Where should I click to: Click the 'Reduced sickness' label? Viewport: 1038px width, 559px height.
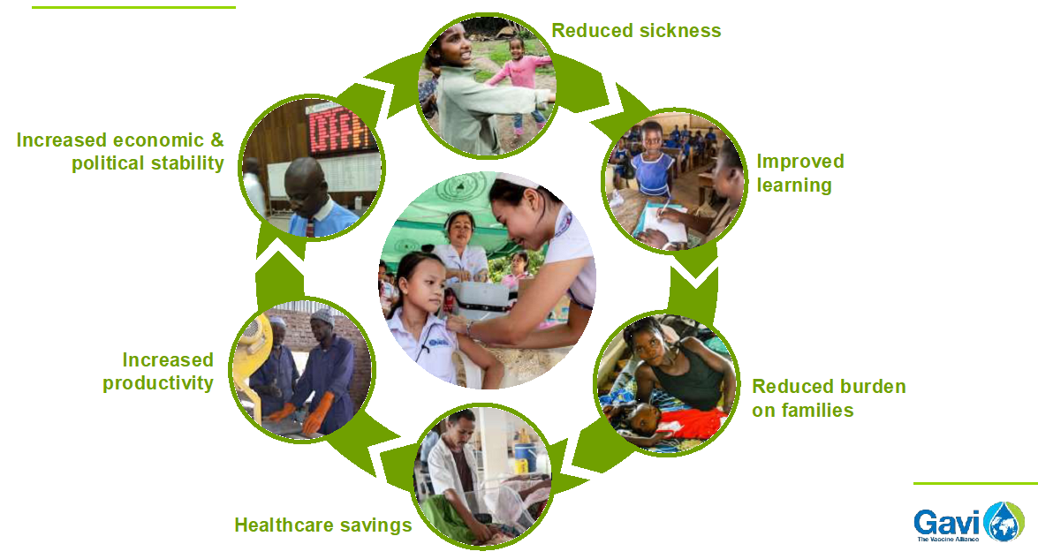pyautogui.click(x=636, y=30)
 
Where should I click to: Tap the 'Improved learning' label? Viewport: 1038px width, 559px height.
pyautogui.click(x=800, y=173)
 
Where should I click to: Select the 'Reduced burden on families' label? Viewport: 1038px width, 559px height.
pyautogui.click(x=829, y=398)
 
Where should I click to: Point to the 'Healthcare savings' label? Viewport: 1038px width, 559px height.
pyautogui.click(x=323, y=525)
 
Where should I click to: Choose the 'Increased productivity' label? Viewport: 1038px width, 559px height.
pyautogui.click(x=158, y=371)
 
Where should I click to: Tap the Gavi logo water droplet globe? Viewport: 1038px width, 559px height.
pyautogui.click(x=1004, y=522)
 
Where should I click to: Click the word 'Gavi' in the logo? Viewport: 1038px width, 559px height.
pyautogui.click(x=947, y=523)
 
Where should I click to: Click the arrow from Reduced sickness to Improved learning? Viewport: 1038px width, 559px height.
pyautogui.click(x=601, y=91)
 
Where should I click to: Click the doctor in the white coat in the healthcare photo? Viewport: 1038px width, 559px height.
pyautogui.click(x=456, y=473)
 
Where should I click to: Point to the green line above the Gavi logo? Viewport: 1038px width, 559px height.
pyautogui.click(x=975, y=484)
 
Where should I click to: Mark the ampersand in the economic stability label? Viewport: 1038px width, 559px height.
pyautogui.click(x=217, y=140)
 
